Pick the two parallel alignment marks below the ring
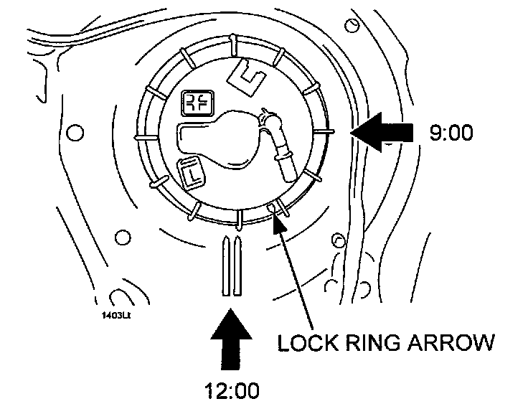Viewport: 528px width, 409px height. (231, 265)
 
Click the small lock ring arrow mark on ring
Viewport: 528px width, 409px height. (271, 208)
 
